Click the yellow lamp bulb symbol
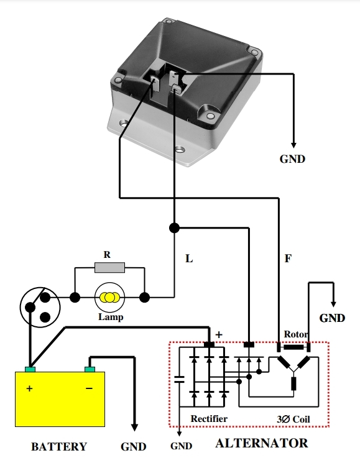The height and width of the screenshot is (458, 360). [109, 297]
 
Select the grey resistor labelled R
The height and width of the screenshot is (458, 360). [109, 267]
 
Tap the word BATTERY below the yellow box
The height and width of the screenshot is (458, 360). [59, 447]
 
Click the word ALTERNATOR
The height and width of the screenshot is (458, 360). [262, 443]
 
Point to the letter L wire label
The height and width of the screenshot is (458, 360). [189, 259]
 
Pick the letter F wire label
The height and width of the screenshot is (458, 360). [288, 259]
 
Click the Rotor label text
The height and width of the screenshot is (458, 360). [296, 334]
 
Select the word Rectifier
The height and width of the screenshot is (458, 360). [209, 419]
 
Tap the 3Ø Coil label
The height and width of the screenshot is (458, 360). [293, 419]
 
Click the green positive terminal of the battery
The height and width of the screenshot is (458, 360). [30, 370]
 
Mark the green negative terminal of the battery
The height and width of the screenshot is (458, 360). [90, 370]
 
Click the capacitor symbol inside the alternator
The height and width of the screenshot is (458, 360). [179, 380]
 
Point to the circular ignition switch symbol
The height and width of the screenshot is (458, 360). [40, 306]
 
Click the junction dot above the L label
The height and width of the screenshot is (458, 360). [175, 228]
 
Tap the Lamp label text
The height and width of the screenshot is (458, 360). [111, 317]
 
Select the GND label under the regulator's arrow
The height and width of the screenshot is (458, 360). [292, 159]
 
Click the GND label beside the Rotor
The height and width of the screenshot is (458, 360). [332, 318]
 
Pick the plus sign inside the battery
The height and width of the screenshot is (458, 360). [29, 388]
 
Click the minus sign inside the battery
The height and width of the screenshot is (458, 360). [89, 388]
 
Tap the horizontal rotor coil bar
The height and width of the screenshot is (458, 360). [293, 347]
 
